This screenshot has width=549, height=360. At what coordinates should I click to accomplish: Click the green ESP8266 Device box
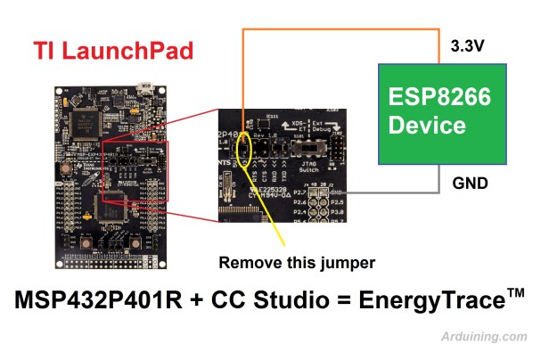pos(430,112)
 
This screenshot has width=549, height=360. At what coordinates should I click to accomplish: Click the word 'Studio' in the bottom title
pos(281,301)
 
